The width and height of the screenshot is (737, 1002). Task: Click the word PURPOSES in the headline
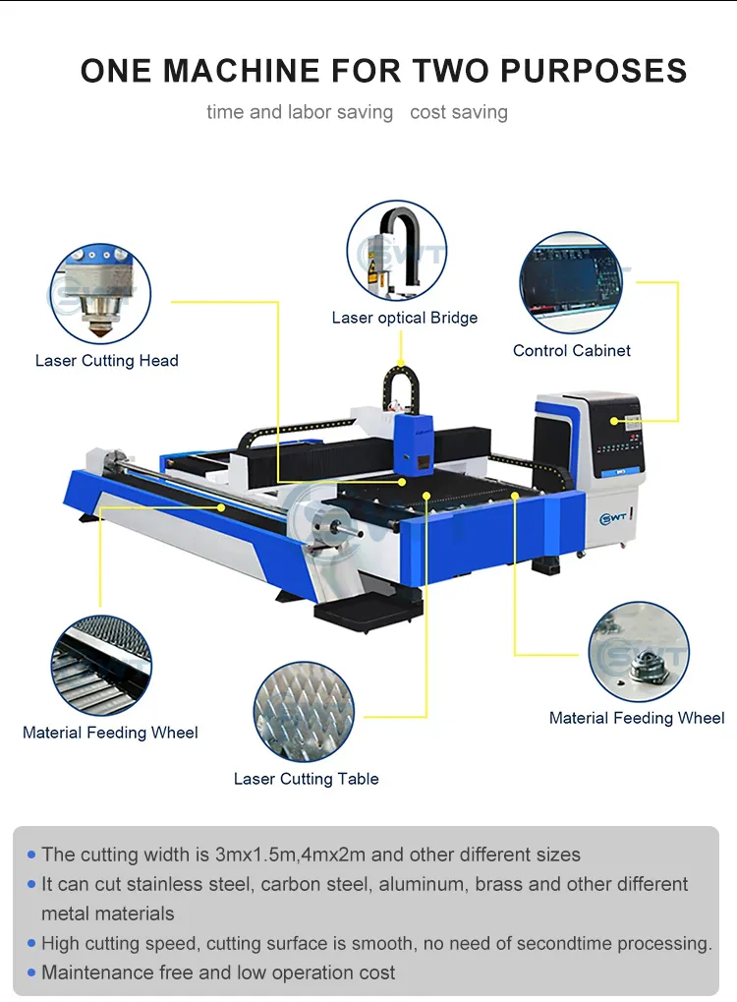[x=594, y=71]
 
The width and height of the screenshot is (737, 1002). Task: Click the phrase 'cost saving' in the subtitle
[x=459, y=112]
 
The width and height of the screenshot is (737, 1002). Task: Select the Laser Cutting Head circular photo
[x=100, y=294]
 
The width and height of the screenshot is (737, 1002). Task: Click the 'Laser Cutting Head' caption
[x=107, y=361]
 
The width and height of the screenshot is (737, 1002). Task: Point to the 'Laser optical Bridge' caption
[x=405, y=318]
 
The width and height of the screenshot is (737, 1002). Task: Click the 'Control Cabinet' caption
[x=572, y=350]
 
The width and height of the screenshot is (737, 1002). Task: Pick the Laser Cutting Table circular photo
[x=304, y=711]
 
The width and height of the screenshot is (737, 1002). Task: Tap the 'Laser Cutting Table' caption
[x=306, y=779]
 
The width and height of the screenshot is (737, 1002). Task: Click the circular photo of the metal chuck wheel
[x=639, y=653]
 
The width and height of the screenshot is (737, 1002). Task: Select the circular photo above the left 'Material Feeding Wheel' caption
[x=101, y=667]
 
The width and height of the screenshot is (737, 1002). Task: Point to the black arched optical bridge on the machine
[x=397, y=388]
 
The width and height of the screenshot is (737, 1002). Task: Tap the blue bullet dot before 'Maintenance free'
[x=32, y=973]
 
